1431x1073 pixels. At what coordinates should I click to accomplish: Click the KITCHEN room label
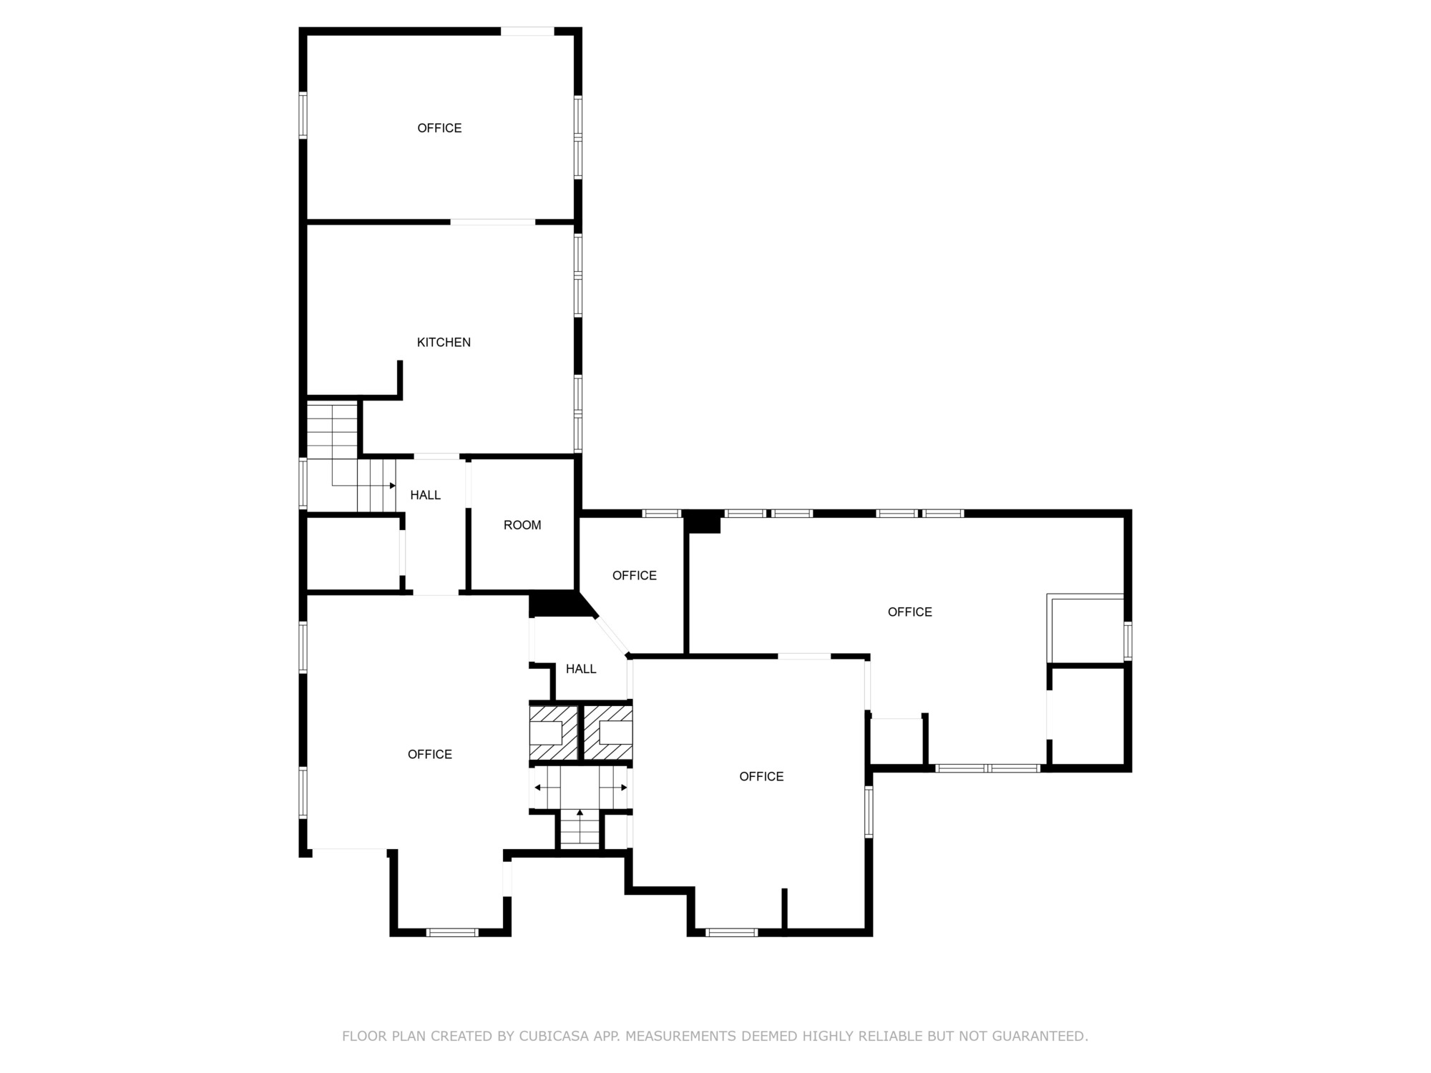[444, 343]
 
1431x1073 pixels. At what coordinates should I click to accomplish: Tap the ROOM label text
[522, 525]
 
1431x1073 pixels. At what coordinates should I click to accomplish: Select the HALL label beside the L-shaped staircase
[425, 495]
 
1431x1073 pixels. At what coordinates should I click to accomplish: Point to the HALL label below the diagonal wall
[581, 669]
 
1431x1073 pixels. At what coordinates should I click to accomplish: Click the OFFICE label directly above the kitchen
[439, 128]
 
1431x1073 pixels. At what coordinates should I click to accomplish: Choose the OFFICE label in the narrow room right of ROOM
[635, 576]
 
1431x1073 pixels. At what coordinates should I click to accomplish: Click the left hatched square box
[553, 733]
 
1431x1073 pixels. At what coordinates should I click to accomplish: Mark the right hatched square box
[609, 733]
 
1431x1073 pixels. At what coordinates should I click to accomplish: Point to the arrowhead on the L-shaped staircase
[392, 486]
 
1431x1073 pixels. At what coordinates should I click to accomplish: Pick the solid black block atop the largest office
[703, 522]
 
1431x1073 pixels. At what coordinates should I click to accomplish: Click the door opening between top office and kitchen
[493, 222]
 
